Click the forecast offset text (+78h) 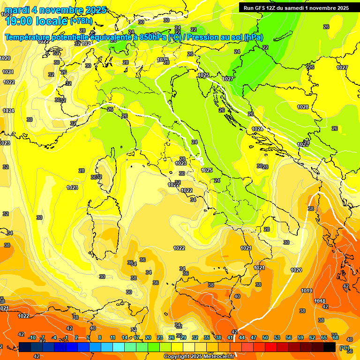(81, 21)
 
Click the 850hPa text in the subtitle (153, 37)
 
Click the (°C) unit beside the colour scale (344, 348)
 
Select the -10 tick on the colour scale (32, 337)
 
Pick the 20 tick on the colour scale (148, 337)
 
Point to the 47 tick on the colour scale (253, 337)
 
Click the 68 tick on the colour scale (336, 337)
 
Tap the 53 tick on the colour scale (277, 337)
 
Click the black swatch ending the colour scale (330, 347)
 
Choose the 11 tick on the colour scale (112, 337)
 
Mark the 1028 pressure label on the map (303, 107)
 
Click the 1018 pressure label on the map (320, 301)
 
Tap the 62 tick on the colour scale (312, 337)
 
